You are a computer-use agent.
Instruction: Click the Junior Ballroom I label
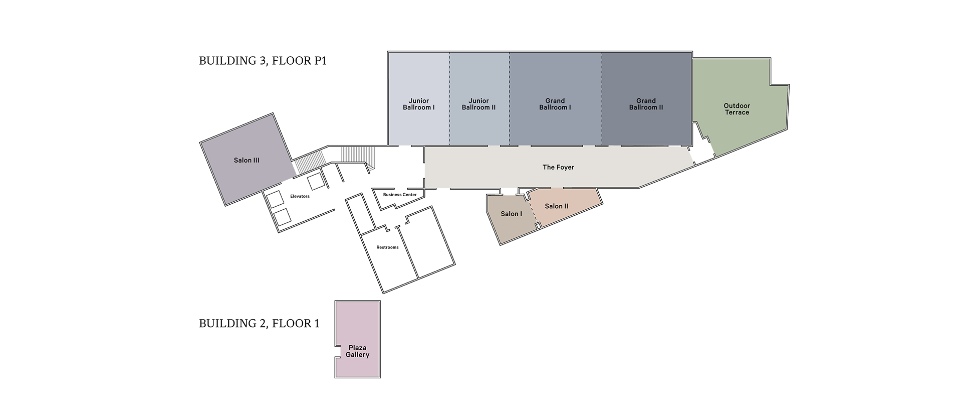pyautogui.click(x=418, y=104)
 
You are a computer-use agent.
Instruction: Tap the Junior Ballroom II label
pyautogui.click(x=478, y=104)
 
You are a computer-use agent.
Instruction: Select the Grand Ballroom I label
pyautogui.click(x=555, y=104)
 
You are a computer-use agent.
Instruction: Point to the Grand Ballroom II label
pyautogui.click(x=646, y=104)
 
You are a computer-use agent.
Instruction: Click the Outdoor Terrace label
pyautogui.click(x=737, y=109)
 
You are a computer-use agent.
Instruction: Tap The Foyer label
pyautogui.click(x=558, y=167)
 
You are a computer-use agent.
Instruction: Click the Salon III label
pyautogui.click(x=247, y=161)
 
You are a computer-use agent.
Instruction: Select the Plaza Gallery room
pyautogui.click(x=358, y=339)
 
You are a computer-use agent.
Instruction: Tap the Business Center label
pyautogui.click(x=400, y=195)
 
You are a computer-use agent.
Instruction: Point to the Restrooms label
pyautogui.click(x=387, y=247)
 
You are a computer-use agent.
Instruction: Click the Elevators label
pyautogui.click(x=300, y=196)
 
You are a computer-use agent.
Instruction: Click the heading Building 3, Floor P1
pyautogui.click(x=263, y=61)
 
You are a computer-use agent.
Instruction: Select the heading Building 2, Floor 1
pyautogui.click(x=259, y=324)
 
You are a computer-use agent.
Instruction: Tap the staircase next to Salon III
pyautogui.click(x=304, y=163)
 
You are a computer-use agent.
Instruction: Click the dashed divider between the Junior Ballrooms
pyautogui.click(x=449, y=98)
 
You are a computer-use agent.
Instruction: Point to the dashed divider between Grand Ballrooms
pyautogui.click(x=602, y=98)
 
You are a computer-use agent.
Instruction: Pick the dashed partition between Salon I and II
pyautogui.click(x=532, y=211)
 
